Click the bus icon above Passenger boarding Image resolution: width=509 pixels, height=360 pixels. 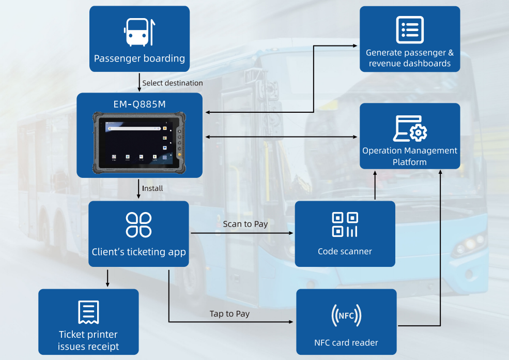coord(139,32)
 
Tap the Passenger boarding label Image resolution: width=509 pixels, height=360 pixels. coord(139,58)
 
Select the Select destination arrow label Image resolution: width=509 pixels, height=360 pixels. coord(172,83)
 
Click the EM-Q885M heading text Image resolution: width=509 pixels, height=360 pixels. coord(139,103)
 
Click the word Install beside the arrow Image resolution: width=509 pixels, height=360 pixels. coord(152,188)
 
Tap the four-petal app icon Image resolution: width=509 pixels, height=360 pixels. coord(138,224)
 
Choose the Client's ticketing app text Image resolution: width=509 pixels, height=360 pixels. coord(138,252)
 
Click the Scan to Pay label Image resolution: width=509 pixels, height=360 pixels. coord(245,224)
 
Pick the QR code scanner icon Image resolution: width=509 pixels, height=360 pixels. coord(345,224)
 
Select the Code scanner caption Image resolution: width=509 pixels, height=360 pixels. coord(345,252)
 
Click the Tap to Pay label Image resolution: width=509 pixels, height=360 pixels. coord(229,313)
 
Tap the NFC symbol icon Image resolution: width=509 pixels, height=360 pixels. coord(346,315)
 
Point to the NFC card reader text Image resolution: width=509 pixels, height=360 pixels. coord(346,342)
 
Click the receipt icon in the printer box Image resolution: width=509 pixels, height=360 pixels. coord(88,311)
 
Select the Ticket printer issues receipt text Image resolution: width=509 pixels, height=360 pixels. coord(88,340)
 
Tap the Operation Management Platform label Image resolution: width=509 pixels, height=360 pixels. coord(410,156)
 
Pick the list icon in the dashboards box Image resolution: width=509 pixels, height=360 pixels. coord(410,30)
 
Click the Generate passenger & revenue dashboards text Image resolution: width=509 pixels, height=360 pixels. coord(410,58)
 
